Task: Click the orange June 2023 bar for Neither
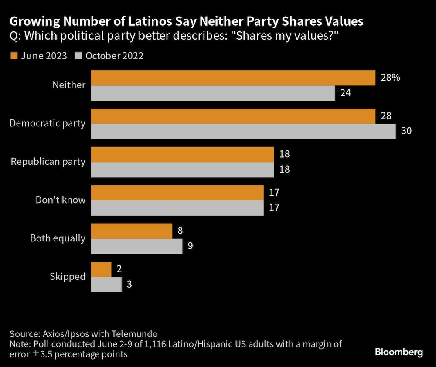233,78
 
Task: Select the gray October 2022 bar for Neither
212,93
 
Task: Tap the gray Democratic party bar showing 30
243,132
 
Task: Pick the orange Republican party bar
182,154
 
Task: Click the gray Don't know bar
177,208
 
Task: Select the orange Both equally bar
131,231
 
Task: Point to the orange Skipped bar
101,269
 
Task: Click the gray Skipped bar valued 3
106,285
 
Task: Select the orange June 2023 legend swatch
13,56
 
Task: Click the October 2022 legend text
114,56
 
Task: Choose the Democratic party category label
48,124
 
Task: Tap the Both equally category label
58,238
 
